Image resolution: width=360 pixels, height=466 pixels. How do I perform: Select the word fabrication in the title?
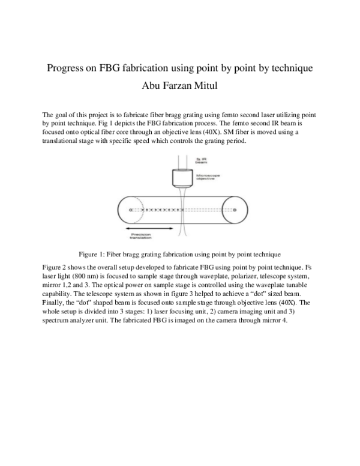pos(145,68)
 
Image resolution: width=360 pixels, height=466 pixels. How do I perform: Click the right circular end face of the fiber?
pos(235,210)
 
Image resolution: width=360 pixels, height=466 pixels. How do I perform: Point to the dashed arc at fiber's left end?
pos(140,210)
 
